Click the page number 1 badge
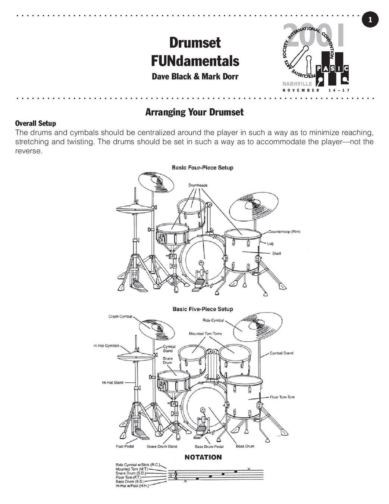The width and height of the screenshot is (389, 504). click(370, 20)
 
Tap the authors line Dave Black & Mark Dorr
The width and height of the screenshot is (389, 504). click(195, 77)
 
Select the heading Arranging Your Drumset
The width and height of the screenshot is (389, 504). click(194, 112)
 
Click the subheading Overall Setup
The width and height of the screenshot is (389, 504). click(35, 123)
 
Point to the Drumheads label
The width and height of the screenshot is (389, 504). click(198, 185)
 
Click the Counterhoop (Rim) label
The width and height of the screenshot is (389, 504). click(284, 231)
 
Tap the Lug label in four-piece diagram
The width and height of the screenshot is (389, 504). click(270, 243)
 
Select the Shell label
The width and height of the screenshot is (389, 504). click(276, 253)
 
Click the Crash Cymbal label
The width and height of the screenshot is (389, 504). click(120, 317)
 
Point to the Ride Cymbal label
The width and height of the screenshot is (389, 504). click(213, 320)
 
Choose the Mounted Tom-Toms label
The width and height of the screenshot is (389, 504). click(205, 333)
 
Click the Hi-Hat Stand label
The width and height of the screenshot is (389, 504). click(113, 382)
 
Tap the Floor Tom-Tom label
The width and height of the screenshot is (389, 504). click(282, 397)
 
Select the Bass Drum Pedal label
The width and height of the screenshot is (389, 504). click(209, 447)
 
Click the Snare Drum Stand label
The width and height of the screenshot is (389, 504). click(162, 447)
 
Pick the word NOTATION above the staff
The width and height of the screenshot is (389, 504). click(203, 457)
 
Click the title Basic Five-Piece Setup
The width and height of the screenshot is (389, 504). click(203, 309)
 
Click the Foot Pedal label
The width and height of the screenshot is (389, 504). click(125, 447)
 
